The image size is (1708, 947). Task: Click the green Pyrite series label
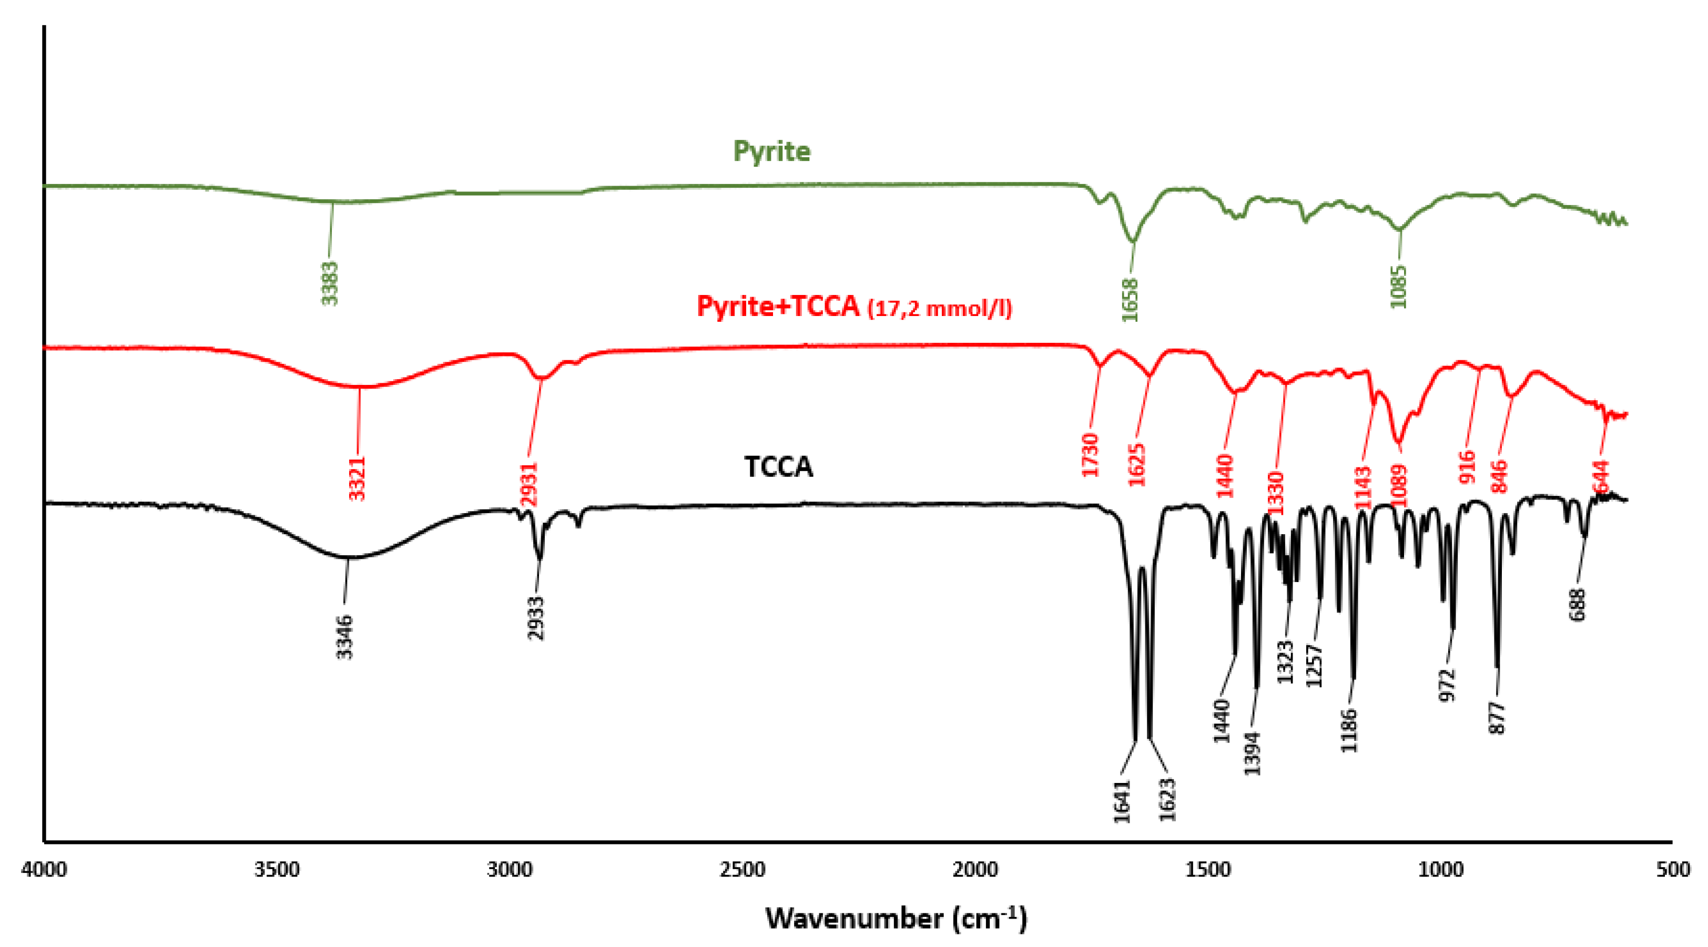pos(771,152)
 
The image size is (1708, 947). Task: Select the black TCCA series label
pos(778,467)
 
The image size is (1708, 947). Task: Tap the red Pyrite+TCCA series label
pos(854,307)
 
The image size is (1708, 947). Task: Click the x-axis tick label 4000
pos(44,869)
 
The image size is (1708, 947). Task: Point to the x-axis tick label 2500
pos(742,869)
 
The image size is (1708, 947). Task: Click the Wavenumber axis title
pos(896,919)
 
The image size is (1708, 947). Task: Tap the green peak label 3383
pos(330,283)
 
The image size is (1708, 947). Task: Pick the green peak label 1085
pos(1398,287)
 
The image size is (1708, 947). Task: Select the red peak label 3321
pos(358,478)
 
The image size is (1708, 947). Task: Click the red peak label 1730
pos(1090,455)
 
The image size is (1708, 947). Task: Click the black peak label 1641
pos(1122,801)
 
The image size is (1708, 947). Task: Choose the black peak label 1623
pos(1167,800)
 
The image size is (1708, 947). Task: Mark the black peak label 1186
pos(1349,731)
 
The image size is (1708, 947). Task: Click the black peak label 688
pos(1578,605)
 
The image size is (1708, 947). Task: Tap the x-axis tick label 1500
pos(1207,869)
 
